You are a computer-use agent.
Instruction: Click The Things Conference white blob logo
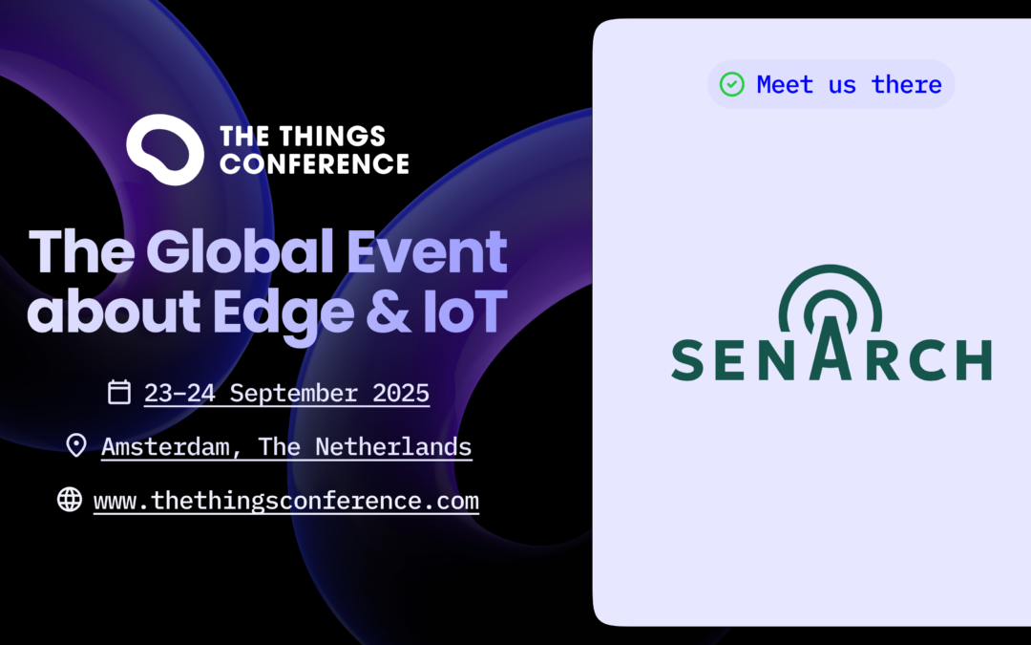coord(164,148)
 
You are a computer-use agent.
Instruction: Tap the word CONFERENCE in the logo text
coord(313,163)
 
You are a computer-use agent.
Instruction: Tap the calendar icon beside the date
coord(119,392)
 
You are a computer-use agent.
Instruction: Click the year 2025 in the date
coord(398,393)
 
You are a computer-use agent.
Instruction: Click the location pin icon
coord(76,445)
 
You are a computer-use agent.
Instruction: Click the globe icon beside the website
coord(70,499)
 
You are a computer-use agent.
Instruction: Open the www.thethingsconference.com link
coord(286,500)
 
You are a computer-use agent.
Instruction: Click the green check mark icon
coord(732,84)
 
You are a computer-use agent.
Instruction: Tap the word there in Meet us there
coord(906,84)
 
